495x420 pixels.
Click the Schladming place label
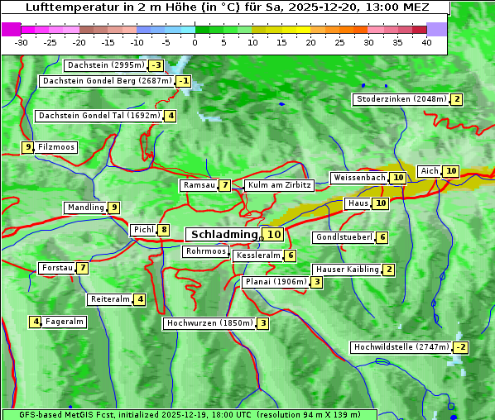tap(224, 235)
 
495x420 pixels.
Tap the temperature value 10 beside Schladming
tap(274, 235)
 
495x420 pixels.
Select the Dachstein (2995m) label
tap(105, 65)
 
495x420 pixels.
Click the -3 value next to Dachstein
tap(156, 65)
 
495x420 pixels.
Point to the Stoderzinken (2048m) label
tap(401, 99)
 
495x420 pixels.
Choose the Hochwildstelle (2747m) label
tap(401, 347)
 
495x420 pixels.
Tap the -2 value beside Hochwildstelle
tap(460, 347)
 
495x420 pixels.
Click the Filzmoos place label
tap(56, 147)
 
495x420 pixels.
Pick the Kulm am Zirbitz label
tap(279, 185)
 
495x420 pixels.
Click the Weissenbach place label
tap(358, 178)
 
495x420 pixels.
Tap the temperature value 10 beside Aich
tap(450, 171)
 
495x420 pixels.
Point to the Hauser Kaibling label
tap(347, 270)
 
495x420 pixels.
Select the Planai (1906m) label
tap(276, 282)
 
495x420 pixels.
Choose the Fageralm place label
tap(65, 322)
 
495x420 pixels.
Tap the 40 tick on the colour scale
tap(426, 42)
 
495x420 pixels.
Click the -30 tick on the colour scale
tap(22, 42)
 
